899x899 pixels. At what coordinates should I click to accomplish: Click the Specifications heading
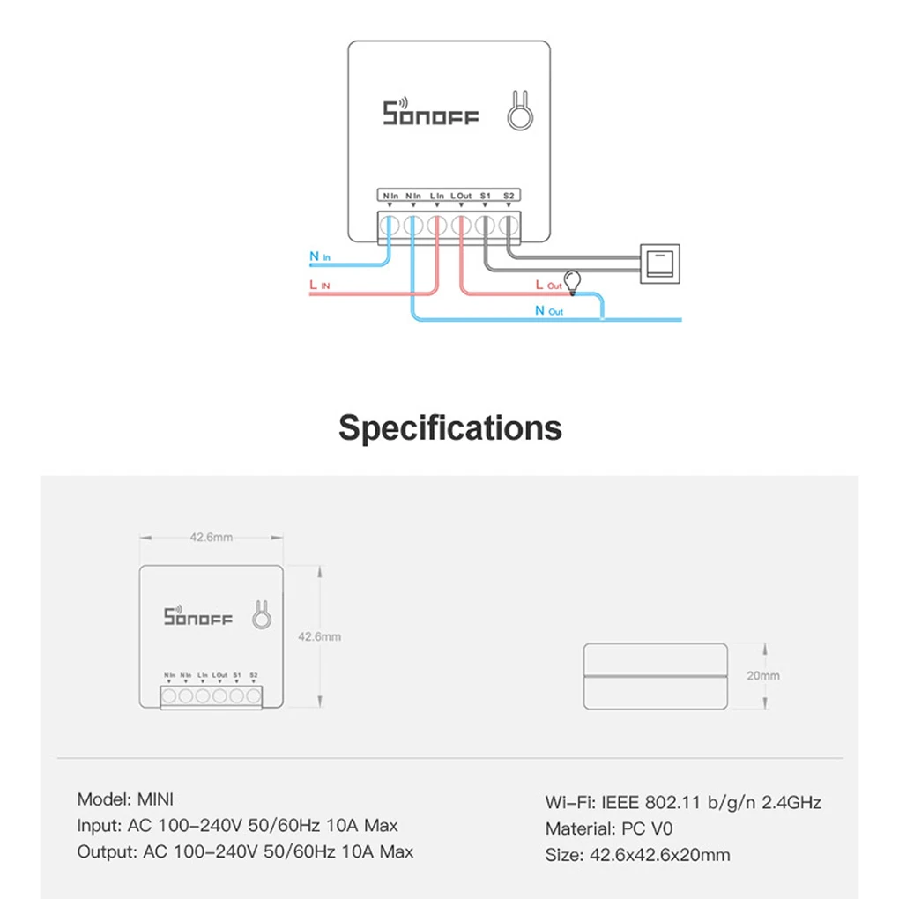point(449,427)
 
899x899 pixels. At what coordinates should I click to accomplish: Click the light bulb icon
point(573,280)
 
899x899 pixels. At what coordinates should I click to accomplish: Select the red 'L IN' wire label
point(320,286)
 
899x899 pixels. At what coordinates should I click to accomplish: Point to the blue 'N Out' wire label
point(548,311)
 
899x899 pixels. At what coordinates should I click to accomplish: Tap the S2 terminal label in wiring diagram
point(508,195)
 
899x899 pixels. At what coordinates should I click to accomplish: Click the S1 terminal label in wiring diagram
point(484,195)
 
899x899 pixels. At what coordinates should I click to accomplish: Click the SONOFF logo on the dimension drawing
point(198,616)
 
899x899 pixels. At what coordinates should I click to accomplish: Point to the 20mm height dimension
point(763,676)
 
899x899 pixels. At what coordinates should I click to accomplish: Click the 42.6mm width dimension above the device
point(212,537)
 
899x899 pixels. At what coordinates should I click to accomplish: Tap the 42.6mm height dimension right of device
point(319,636)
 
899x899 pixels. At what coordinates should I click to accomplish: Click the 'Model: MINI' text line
point(125,799)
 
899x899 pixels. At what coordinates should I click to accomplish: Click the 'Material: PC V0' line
point(608,828)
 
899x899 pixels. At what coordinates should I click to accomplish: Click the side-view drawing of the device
point(657,675)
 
